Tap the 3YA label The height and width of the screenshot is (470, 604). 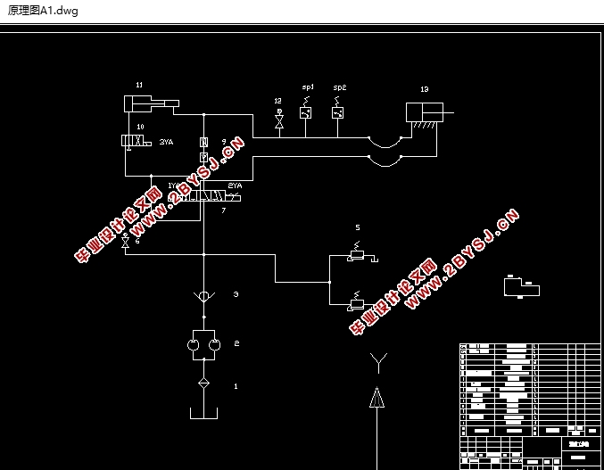pos(166,142)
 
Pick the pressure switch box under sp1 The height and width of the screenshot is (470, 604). pos(306,112)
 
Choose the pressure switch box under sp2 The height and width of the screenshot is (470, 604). pos(337,112)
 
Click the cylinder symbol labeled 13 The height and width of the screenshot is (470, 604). pos(426,113)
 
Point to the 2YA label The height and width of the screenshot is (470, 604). pos(235,186)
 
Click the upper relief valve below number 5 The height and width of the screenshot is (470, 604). pos(356,257)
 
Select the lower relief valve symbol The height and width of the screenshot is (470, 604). pos(356,303)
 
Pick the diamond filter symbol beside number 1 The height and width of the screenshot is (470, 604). pos(204,383)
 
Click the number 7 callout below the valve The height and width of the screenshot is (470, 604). pos(223,210)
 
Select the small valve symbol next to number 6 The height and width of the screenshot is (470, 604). pos(125,243)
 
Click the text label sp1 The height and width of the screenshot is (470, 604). pos(307,87)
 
